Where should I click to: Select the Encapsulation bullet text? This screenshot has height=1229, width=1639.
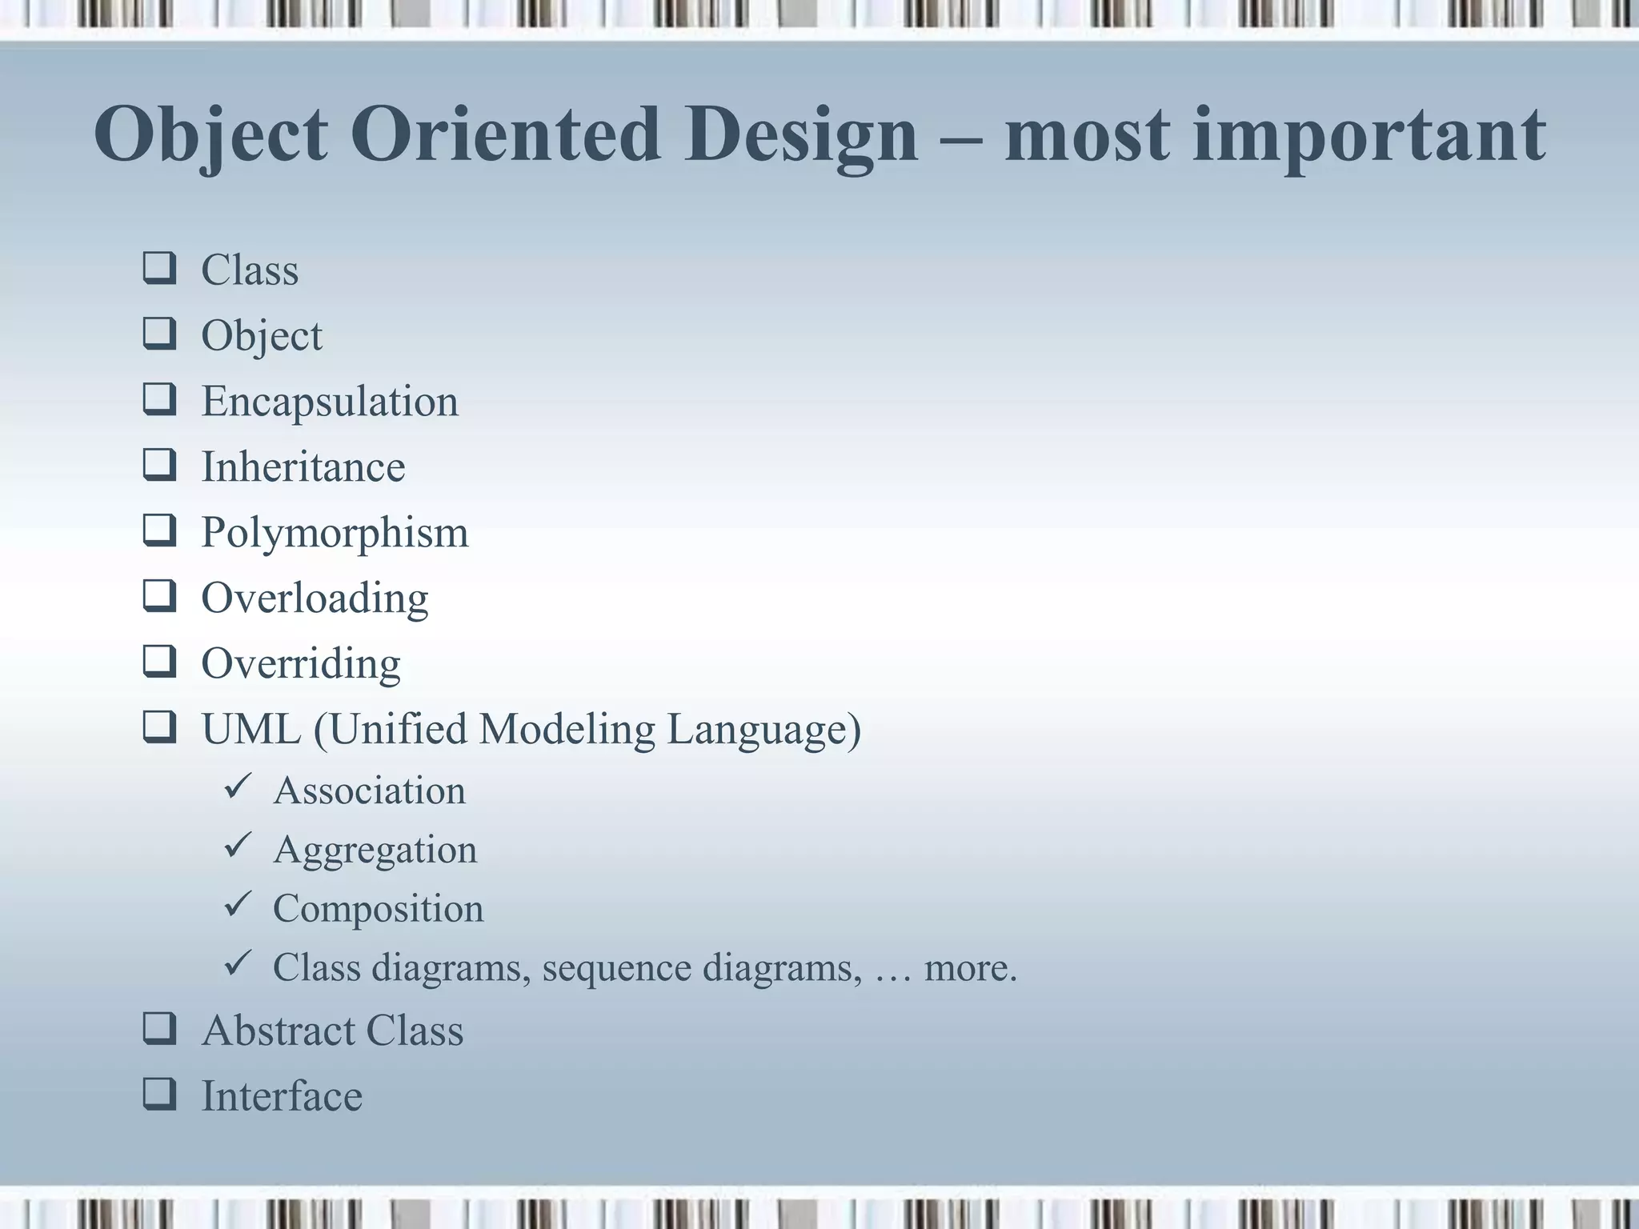[330, 402]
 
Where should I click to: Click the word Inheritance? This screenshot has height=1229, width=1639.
[303, 467]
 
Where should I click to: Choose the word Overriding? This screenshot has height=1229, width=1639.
[301, 664]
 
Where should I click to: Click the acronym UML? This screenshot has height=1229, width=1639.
[250, 730]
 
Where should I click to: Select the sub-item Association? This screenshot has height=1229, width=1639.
[369, 791]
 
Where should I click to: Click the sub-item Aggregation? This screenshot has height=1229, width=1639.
[375, 851]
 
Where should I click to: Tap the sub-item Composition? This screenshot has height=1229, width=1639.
[378, 909]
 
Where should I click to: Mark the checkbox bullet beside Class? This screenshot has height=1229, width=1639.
[159, 269]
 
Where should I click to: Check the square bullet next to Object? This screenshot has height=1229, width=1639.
[159, 334]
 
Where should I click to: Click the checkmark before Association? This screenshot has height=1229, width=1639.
[238, 787]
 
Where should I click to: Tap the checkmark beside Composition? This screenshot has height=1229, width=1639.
[238, 905]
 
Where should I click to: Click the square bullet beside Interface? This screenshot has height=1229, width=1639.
[159, 1095]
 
